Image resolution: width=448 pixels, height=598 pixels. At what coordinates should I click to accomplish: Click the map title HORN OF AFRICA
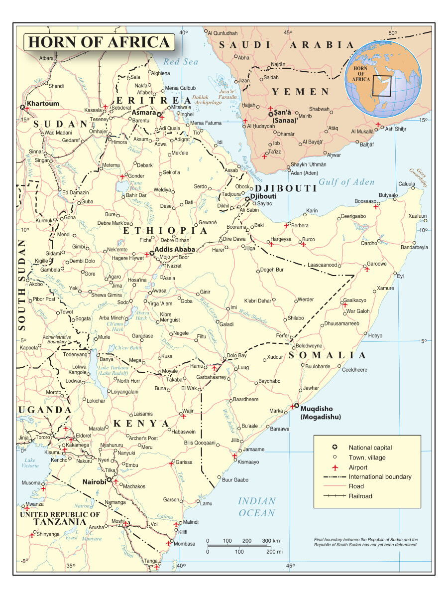[99, 42]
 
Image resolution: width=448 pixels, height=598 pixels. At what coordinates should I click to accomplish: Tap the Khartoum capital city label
[43, 104]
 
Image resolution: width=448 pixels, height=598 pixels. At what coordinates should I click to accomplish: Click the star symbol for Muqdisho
[296, 406]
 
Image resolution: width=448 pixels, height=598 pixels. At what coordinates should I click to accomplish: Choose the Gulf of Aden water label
[346, 182]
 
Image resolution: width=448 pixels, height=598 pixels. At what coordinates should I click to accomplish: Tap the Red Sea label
[181, 62]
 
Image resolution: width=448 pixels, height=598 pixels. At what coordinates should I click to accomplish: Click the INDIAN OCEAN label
[256, 507]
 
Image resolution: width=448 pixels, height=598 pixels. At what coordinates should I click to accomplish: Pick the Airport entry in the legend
[358, 467]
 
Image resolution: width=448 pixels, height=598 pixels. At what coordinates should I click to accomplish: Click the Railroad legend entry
[360, 496]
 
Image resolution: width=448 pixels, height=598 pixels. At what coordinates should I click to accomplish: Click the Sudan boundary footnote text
[366, 542]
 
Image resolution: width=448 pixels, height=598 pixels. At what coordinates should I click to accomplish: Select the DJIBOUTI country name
[286, 188]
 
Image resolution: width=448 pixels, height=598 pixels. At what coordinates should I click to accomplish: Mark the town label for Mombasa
[184, 544]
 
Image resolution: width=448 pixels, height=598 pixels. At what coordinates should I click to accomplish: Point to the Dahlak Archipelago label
[207, 99]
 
